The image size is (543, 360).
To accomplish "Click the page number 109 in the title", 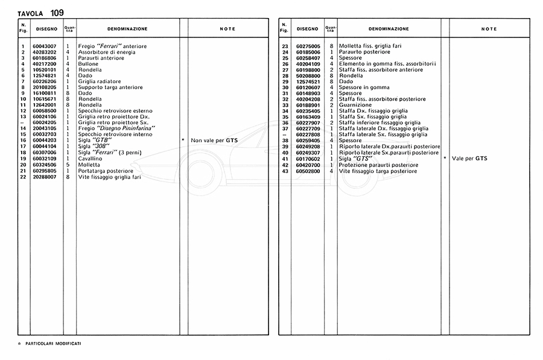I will tap(57, 12).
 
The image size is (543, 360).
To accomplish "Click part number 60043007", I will tap(45, 46).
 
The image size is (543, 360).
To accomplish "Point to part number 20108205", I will tap(45, 87).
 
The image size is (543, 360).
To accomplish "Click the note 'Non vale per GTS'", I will tap(214, 140).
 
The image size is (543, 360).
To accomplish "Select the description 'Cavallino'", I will tap(90, 158).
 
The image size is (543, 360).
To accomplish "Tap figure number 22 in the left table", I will tap(23, 177).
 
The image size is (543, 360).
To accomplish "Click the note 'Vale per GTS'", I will tap(469, 159).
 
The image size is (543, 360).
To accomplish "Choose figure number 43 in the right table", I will tap(285, 171).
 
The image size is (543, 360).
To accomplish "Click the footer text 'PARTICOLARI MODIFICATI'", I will tap(54, 343).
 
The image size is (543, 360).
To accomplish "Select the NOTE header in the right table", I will tap(489, 29).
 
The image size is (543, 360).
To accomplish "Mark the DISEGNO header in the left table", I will tap(46, 29).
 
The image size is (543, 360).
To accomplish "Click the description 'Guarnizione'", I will tap(355, 105).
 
